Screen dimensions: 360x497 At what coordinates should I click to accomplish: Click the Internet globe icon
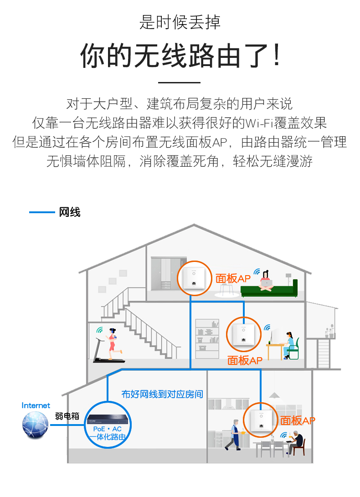pos(35,425)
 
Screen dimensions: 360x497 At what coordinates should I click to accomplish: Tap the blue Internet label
pos(36,405)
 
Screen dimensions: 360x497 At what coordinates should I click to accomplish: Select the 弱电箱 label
pos(67,416)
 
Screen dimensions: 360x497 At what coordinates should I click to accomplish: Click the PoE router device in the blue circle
pos(108,420)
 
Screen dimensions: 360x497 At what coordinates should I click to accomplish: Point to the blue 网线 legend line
pos(42,212)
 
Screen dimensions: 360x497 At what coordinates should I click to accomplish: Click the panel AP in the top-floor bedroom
pos(194,278)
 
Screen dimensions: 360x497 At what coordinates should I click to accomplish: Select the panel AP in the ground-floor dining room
pos(261,420)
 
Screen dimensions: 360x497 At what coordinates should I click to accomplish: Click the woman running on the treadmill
pos(113,344)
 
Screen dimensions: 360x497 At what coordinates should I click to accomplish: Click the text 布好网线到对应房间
pos(162,394)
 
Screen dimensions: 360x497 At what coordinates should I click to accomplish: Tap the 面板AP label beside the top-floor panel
pos(233,279)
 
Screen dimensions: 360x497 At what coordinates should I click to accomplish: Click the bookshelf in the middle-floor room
pos(207,339)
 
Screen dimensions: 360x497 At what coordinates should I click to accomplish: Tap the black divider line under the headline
pos(179,82)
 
